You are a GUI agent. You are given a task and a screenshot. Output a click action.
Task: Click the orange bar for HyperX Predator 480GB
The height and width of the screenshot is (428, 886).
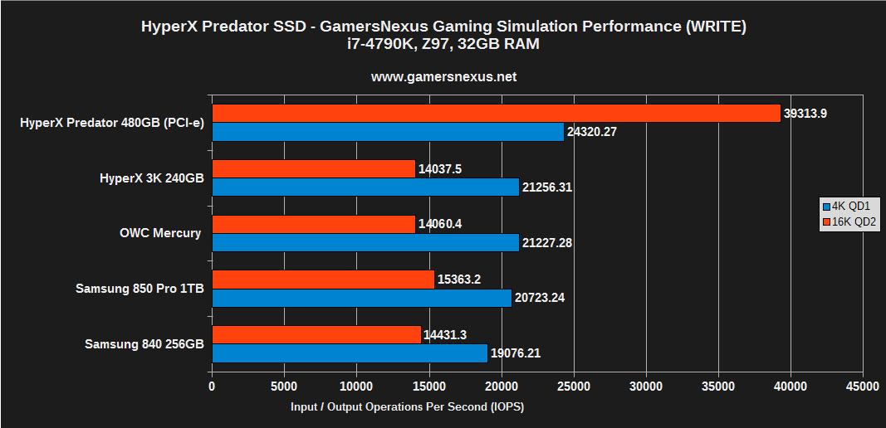pos(496,114)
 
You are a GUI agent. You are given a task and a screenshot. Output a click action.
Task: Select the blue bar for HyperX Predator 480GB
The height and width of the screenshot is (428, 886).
pos(388,132)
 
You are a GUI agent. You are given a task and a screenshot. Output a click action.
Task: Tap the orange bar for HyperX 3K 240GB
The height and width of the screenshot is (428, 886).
pos(313,169)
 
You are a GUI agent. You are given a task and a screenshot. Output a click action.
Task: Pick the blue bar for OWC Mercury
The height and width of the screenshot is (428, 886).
pos(365,242)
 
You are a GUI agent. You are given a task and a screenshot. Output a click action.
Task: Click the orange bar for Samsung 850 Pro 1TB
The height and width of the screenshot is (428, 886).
pos(323,280)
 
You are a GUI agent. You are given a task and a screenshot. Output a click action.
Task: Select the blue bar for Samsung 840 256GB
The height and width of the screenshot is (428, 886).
pos(350,353)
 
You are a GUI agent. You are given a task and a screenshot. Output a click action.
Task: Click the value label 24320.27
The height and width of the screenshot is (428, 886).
pos(592,132)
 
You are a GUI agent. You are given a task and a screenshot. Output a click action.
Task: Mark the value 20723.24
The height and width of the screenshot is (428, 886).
pos(540,298)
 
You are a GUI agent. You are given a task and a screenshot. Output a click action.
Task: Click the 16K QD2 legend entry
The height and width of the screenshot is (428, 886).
pos(849,221)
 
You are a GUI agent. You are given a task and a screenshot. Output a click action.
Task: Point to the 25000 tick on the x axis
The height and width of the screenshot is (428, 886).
pos(574,386)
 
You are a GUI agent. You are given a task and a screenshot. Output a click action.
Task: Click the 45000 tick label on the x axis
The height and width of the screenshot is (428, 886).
pos(862,386)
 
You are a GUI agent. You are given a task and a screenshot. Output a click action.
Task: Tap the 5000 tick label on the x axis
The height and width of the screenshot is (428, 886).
pos(284,386)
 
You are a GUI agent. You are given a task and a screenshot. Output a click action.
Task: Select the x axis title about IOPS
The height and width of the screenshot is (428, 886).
pos(407,406)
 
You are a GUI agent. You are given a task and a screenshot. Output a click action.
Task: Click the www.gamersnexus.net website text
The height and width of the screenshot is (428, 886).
pos(443,76)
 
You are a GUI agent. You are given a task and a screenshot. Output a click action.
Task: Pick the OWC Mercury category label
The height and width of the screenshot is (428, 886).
pos(160,233)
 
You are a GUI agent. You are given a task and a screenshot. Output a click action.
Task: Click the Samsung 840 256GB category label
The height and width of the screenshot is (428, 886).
pos(144,344)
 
